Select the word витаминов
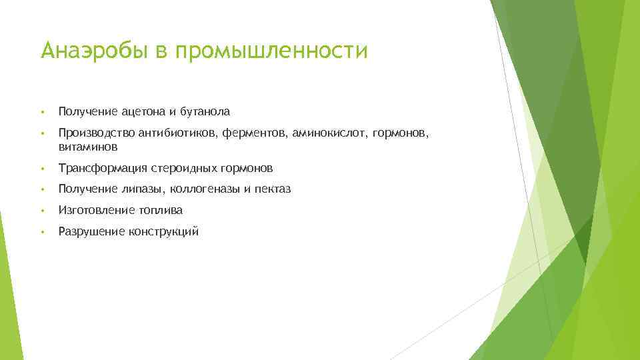click(x=88, y=145)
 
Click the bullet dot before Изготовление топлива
click(x=42, y=211)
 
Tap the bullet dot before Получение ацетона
click(x=42, y=111)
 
